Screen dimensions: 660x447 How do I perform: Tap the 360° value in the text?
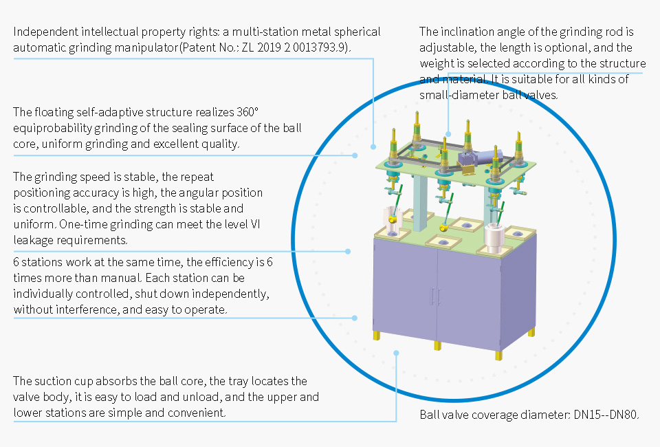pyautogui.click(x=248, y=112)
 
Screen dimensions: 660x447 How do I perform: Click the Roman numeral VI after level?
pyautogui.click(x=255, y=224)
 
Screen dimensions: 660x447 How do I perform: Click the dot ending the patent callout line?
pyautogui.click(x=373, y=147)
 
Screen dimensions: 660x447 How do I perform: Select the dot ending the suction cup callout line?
pyautogui.click(x=396, y=353)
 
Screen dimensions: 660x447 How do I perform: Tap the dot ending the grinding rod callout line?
pyautogui.click(x=448, y=134)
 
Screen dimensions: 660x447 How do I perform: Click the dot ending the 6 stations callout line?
pyautogui.click(x=355, y=318)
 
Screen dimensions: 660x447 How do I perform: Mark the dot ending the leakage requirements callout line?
pyautogui.click(x=348, y=251)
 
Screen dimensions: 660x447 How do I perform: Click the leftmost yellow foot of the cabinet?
pyautogui.click(x=376, y=336)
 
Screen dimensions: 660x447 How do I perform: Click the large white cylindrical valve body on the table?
pyautogui.click(x=494, y=238)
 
